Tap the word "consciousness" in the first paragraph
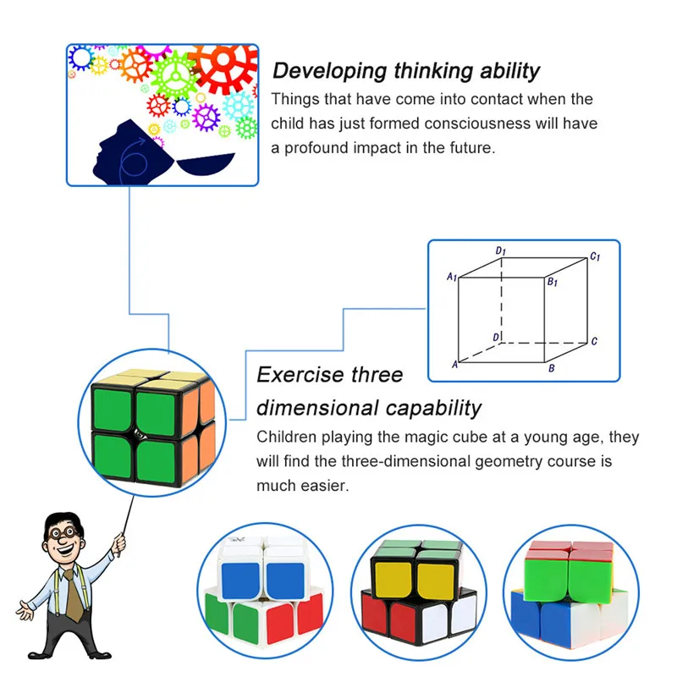click(x=478, y=124)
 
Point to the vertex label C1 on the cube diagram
click(x=595, y=256)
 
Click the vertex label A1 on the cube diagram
click(x=452, y=277)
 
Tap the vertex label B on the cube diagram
click(x=552, y=369)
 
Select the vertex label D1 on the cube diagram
click(x=501, y=251)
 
